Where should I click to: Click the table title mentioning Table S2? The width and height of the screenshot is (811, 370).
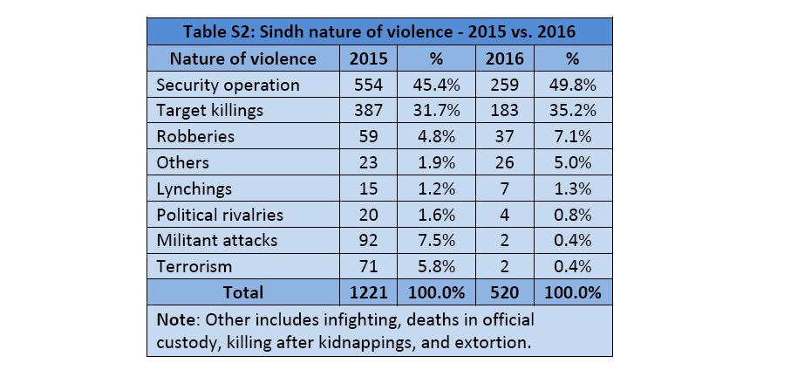[379, 32]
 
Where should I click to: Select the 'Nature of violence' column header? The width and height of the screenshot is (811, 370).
[242, 58]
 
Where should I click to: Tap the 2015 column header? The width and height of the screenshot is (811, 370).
[368, 58]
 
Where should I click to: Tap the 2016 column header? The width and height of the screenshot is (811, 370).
[503, 58]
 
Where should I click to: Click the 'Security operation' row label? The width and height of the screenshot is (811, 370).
[228, 85]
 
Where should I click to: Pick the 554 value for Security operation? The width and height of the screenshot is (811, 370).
[368, 85]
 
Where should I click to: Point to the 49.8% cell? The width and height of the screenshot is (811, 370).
[572, 85]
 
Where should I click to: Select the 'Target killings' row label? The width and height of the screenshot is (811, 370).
[209, 111]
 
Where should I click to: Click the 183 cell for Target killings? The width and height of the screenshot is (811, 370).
[503, 111]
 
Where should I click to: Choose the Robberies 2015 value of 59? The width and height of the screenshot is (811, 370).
[368, 137]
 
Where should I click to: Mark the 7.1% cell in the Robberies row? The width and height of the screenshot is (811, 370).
[572, 137]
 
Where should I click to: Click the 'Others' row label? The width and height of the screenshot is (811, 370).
[182, 162]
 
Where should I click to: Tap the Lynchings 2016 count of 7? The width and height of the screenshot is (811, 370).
[503, 188]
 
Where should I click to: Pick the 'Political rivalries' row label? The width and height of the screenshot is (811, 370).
[220, 215]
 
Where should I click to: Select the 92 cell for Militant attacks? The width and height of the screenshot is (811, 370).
[368, 240]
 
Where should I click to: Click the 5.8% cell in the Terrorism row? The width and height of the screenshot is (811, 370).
[435, 265]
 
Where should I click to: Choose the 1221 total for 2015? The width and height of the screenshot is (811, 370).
[368, 291]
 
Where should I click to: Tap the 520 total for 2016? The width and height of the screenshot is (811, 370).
[503, 291]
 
